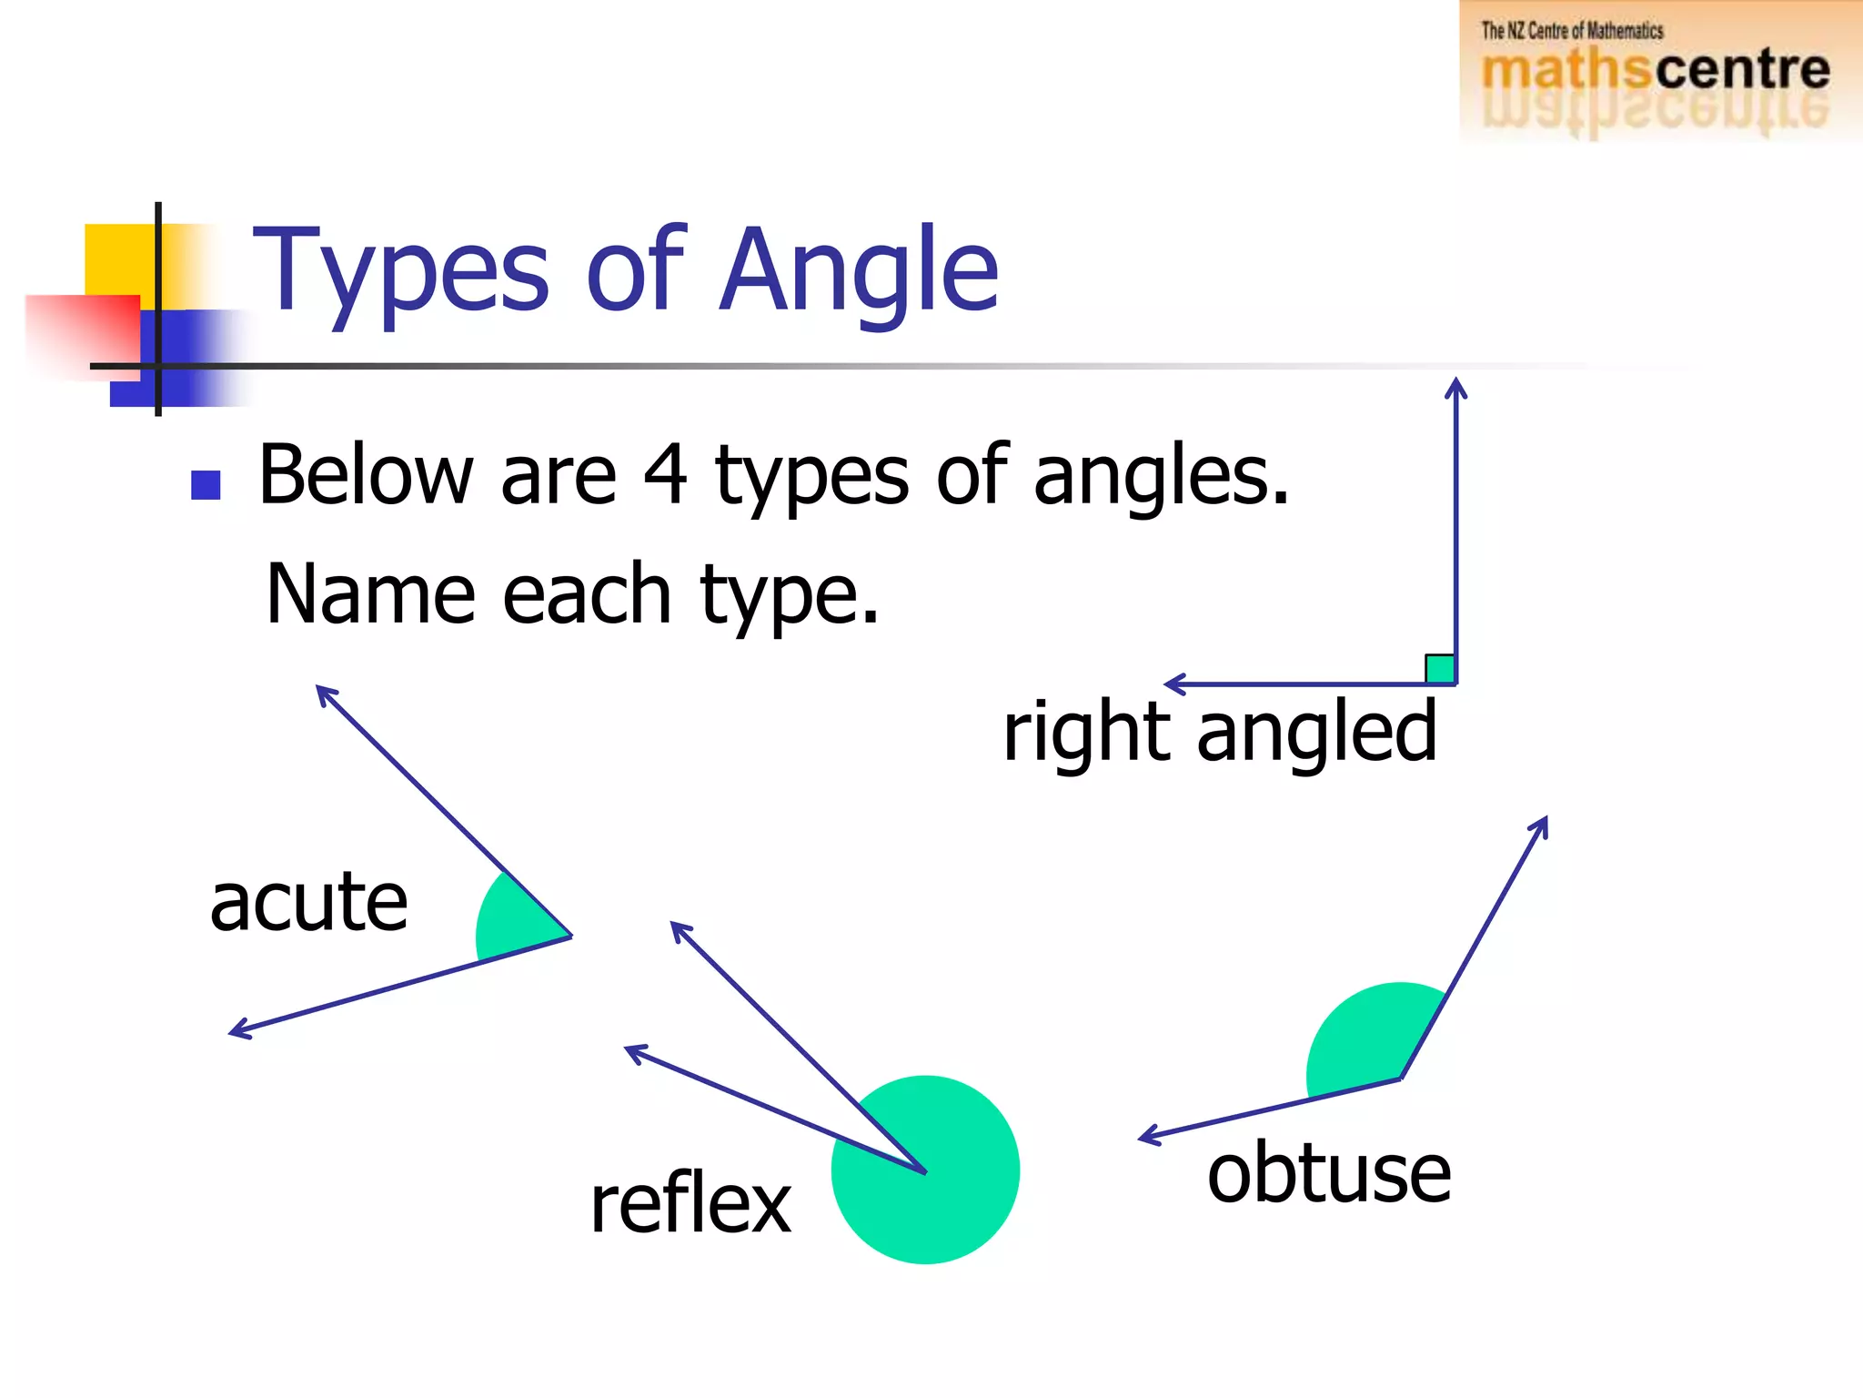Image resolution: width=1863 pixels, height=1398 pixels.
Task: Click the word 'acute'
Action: [x=308, y=903]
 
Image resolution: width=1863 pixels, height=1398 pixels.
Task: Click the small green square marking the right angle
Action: [x=1440, y=669]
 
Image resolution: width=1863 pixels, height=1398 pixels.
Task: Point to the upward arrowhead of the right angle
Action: [x=1456, y=388]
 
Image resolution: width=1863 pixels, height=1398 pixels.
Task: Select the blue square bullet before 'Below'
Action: [x=206, y=485]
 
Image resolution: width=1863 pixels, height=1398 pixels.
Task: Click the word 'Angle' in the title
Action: [x=859, y=271]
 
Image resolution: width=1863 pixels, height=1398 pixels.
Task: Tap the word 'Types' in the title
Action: [x=401, y=271]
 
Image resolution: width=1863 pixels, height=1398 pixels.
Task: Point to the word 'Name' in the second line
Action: [x=370, y=594]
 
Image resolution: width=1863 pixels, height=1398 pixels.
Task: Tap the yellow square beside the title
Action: [x=118, y=259]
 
